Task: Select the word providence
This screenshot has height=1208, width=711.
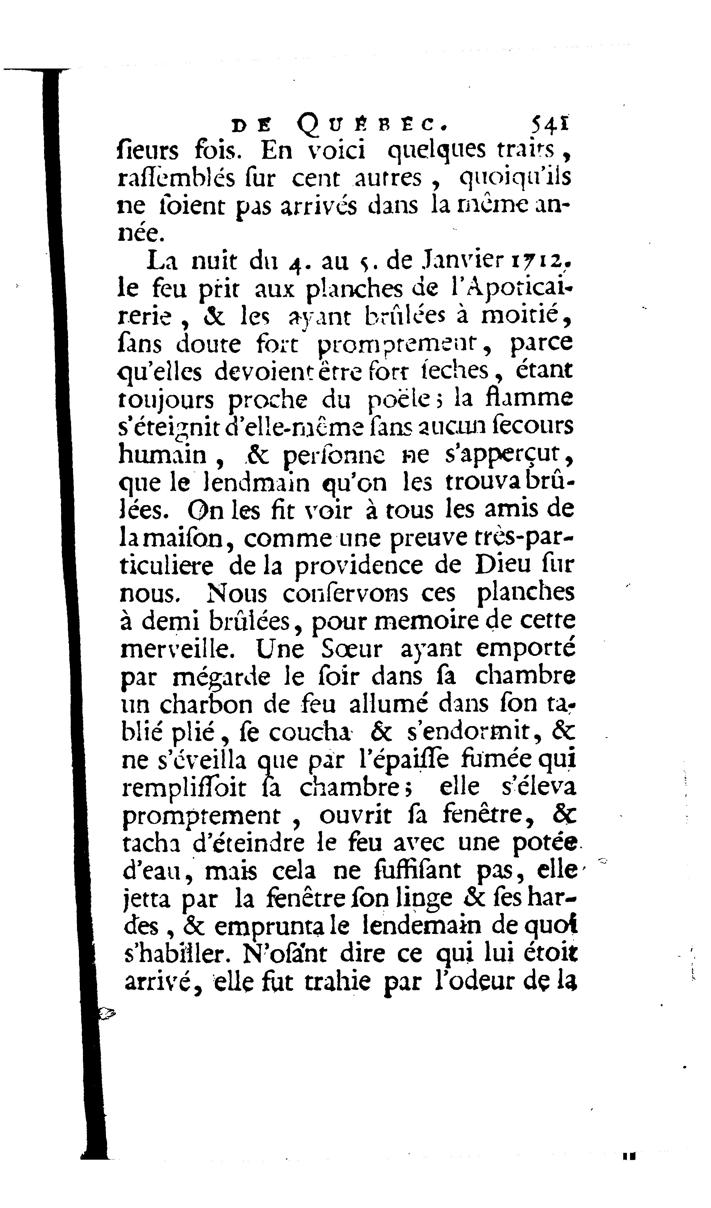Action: pos(358,566)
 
